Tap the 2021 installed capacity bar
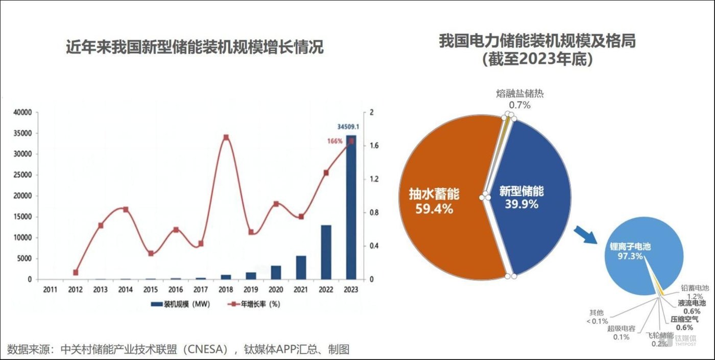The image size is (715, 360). click(x=301, y=267)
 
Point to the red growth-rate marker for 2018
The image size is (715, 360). click(x=226, y=137)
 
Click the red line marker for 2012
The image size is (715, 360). click(x=76, y=273)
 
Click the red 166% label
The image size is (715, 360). click(x=335, y=141)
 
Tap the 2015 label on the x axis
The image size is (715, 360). click(x=151, y=290)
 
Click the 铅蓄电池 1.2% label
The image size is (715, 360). click(x=695, y=292)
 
